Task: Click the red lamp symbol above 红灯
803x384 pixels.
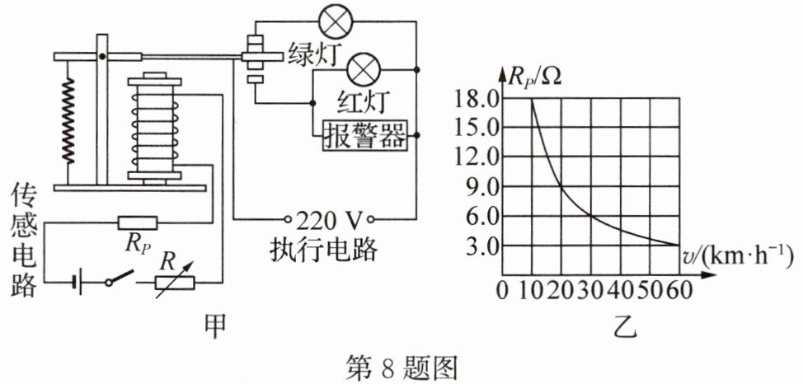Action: click(364, 66)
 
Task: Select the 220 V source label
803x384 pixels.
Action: click(329, 220)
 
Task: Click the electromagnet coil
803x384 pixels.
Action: click(153, 128)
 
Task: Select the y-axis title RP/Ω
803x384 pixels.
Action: click(536, 77)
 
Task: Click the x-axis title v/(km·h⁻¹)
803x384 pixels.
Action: click(736, 257)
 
